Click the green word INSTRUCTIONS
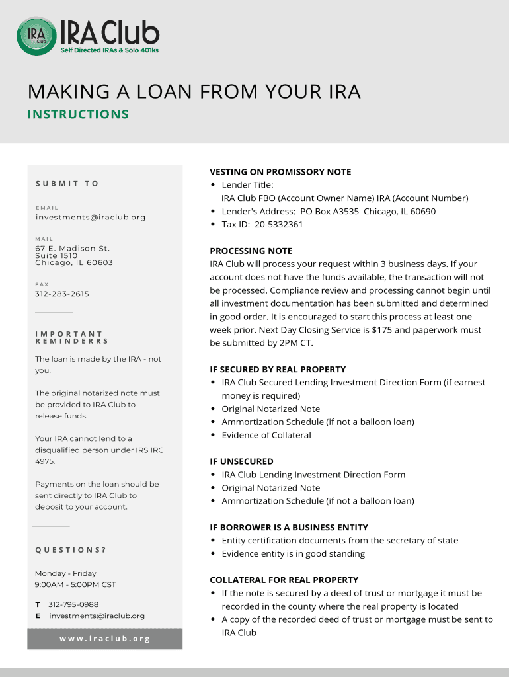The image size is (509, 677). click(x=78, y=114)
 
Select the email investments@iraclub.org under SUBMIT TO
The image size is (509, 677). click(x=91, y=217)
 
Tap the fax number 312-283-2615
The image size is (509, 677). click(x=62, y=294)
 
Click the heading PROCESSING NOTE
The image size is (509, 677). click(x=251, y=251)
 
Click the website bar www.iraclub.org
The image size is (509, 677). click(x=105, y=639)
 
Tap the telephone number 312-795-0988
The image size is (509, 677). click(x=73, y=604)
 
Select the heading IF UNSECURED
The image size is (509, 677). click(x=241, y=461)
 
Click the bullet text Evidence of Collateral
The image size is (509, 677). click(x=266, y=435)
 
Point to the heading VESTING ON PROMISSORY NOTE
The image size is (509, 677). click(x=280, y=172)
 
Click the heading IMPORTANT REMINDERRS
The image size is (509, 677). click(x=71, y=338)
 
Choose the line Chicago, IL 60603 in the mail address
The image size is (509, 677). click(x=74, y=262)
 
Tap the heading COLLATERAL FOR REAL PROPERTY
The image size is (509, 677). click(x=284, y=580)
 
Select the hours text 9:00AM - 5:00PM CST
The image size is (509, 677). click(x=75, y=584)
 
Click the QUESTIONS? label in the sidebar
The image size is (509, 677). click(x=71, y=550)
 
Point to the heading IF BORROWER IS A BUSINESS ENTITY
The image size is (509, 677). click(x=289, y=528)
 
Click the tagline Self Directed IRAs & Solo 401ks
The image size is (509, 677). click(x=110, y=51)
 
